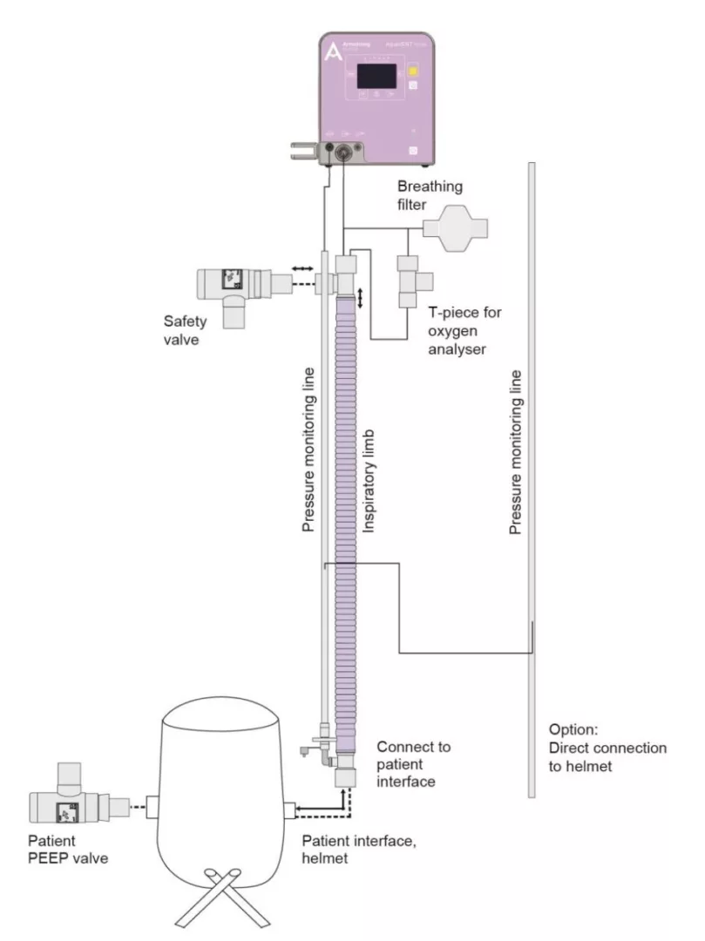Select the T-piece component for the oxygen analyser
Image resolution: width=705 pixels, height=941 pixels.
[x=410, y=280]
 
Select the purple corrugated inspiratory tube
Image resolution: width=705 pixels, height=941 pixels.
[x=346, y=523]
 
